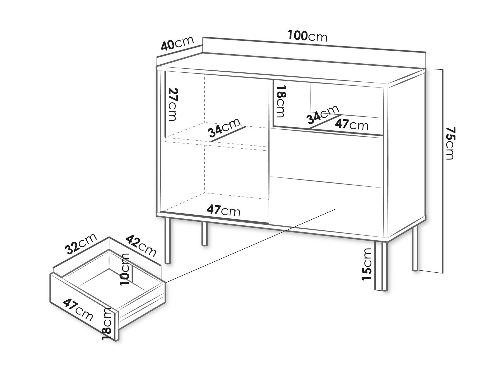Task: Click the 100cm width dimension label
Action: coord(307,36)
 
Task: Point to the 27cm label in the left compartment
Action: coord(172,104)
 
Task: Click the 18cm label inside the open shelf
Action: coord(281,101)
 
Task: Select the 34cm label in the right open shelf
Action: coord(322,115)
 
